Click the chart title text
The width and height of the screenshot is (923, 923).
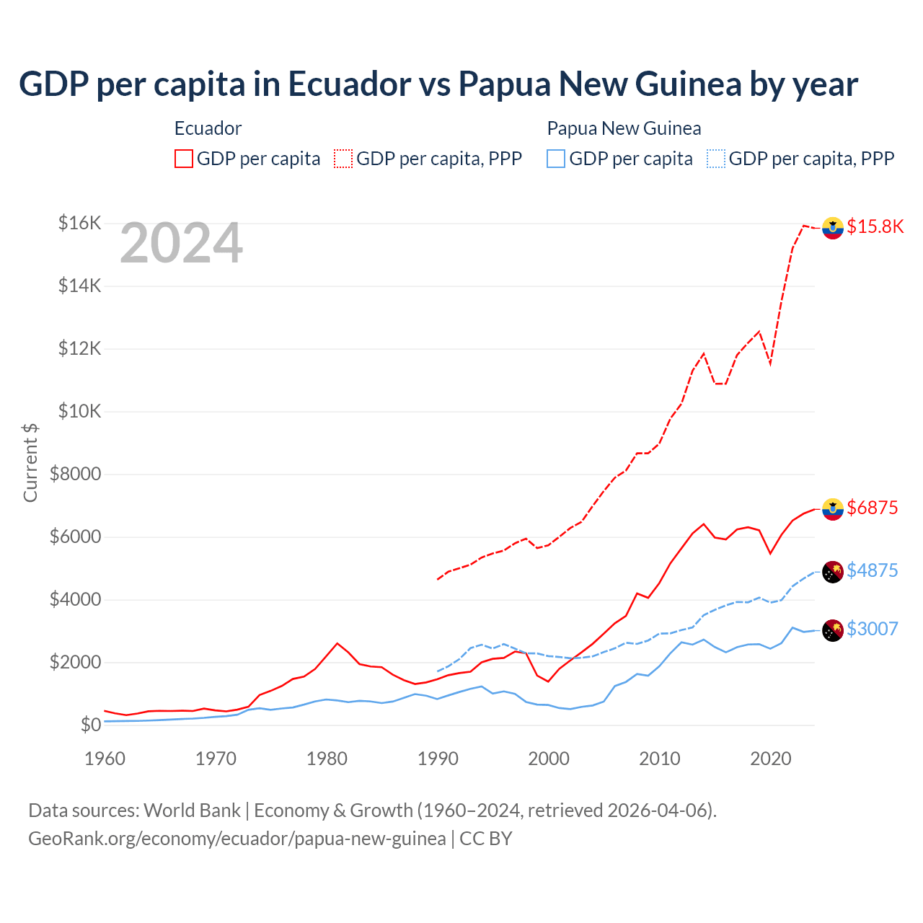click(x=438, y=84)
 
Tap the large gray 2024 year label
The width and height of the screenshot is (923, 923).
click(x=181, y=244)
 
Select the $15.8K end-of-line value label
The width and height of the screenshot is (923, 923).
click(x=875, y=226)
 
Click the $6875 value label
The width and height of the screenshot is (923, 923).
click(x=872, y=508)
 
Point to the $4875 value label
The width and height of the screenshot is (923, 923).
click(x=872, y=570)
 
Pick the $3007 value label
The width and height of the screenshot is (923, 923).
click(x=872, y=629)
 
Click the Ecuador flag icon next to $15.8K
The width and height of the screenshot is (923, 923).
click(x=833, y=227)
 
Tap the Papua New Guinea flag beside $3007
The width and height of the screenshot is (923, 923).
click(x=833, y=630)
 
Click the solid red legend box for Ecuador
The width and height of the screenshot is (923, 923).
click(x=184, y=159)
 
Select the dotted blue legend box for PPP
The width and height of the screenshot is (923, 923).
click(x=716, y=159)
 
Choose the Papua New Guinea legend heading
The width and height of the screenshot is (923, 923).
click(x=624, y=128)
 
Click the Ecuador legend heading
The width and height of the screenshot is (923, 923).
click(x=208, y=128)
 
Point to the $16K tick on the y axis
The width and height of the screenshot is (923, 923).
click(x=79, y=223)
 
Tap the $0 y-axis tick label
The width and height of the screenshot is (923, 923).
click(x=90, y=725)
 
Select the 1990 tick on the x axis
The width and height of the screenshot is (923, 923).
click(x=438, y=759)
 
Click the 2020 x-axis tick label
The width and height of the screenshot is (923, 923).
click(x=771, y=759)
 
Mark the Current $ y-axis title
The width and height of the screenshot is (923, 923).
click(x=30, y=463)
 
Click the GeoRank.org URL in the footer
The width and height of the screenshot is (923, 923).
click(x=237, y=839)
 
